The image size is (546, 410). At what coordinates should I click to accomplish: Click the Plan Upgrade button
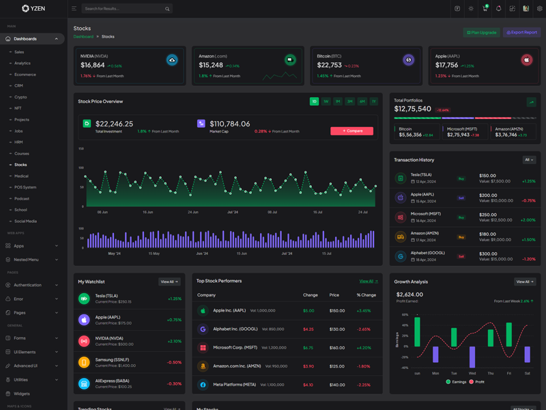[481, 32]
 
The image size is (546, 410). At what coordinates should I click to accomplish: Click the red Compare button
[351, 131]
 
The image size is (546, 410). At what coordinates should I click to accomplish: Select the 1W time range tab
[326, 101]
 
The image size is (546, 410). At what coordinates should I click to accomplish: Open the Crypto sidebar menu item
[20, 97]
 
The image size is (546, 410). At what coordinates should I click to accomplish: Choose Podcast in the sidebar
[22, 198]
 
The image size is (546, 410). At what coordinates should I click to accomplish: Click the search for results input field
[123, 9]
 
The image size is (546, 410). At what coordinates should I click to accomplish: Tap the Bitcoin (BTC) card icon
[408, 60]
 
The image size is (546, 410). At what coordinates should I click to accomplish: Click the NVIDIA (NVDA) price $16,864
[92, 66]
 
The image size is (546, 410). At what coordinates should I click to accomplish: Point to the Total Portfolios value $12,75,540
[412, 109]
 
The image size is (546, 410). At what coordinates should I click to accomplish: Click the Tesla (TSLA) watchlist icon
[84, 299]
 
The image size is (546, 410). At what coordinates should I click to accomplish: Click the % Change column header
[367, 295]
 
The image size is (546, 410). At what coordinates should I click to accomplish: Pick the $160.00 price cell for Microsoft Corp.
[337, 348]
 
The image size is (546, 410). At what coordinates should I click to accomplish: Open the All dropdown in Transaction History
[529, 160]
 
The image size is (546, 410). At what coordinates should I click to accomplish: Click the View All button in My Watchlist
[169, 282]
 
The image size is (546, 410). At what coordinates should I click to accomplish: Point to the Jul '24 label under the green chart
[233, 213]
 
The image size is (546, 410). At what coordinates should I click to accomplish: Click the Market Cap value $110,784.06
[229, 124]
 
